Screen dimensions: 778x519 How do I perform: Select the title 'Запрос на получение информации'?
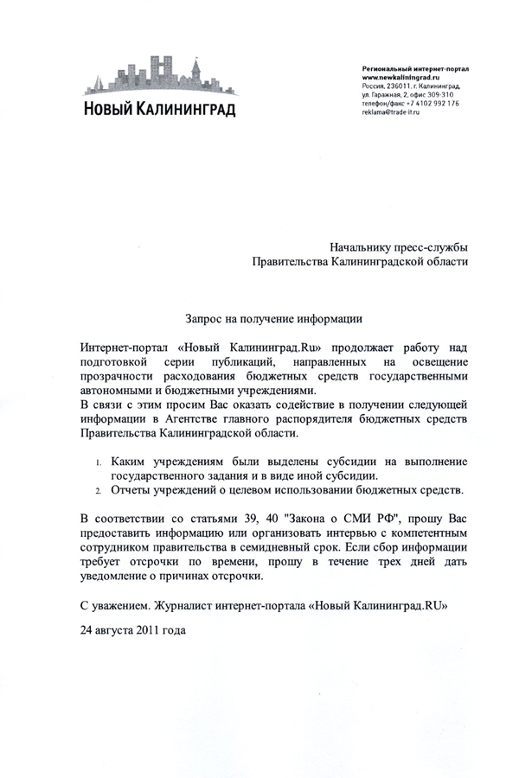click(x=272, y=317)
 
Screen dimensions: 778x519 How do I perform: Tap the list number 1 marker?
click(x=99, y=462)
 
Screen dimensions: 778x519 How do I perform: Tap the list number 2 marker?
click(x=99, y=491)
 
